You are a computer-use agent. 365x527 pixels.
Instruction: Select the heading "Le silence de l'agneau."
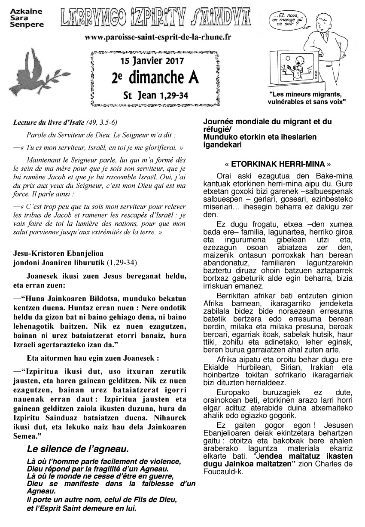point(77,450)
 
